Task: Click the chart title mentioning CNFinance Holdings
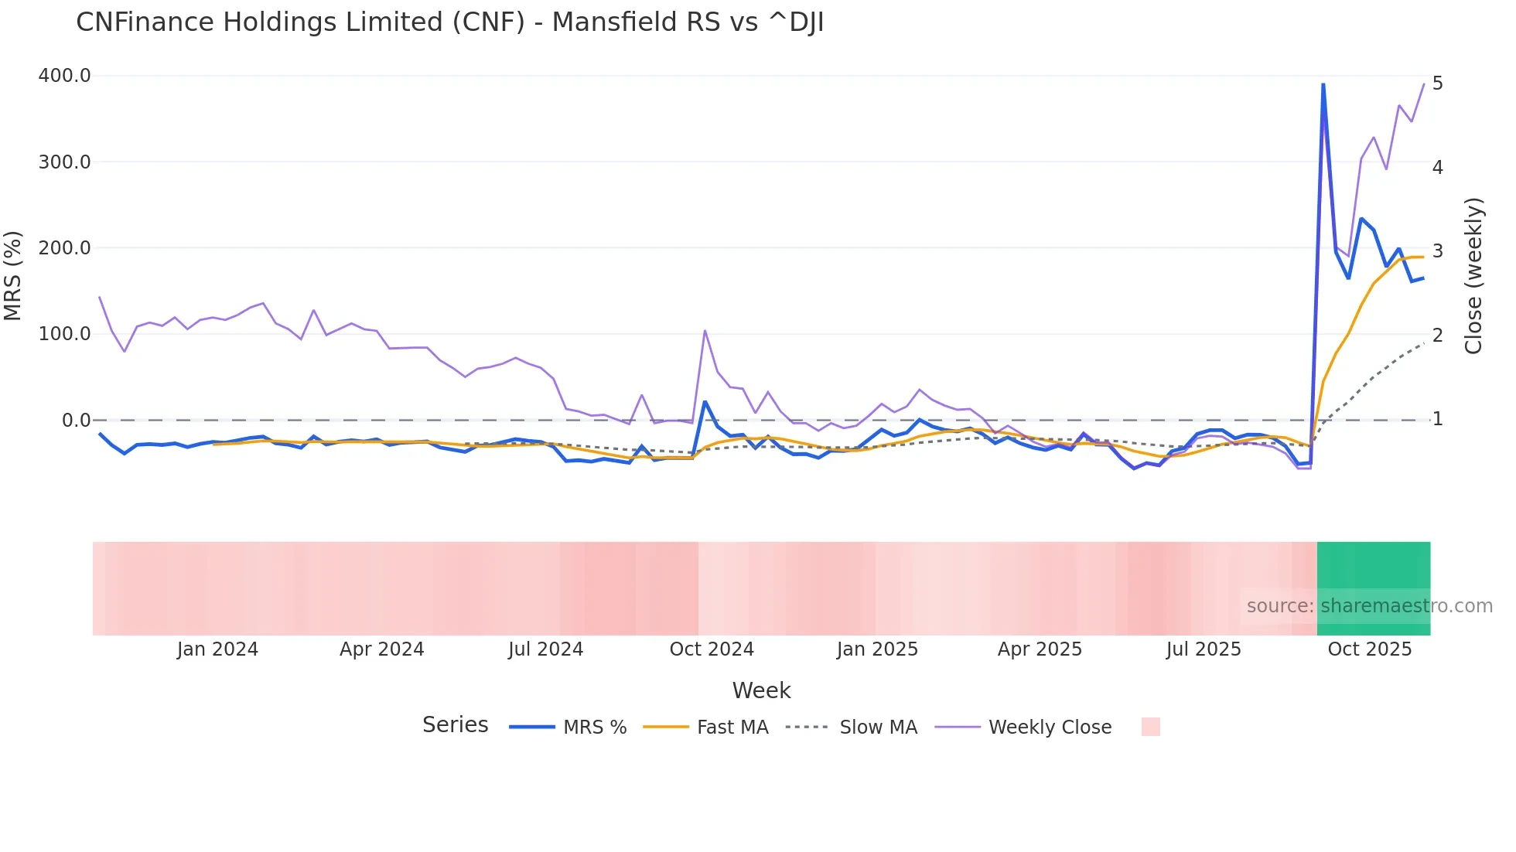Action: tap(449, 22)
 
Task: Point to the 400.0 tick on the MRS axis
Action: tap(64, 76)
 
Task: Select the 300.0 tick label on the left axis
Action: tap(64, 162)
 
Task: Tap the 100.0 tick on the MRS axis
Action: tap(64, 334)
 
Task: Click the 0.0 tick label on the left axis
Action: tap(76, 421)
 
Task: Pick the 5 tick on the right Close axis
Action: tap(1437, 83)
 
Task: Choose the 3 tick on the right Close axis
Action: tap(1437, 251)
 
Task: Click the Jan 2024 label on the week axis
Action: tap(217, 649)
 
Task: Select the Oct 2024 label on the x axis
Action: tap(712, 649)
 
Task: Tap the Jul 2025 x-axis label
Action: tap(1204, 649)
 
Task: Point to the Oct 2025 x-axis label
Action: tap(1370, 649)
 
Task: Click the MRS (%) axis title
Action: tap(13, 275)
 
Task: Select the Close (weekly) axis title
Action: tap(1473, 275)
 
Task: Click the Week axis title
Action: tap(761, 690)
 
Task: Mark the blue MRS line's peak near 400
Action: tap(1323, 84)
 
